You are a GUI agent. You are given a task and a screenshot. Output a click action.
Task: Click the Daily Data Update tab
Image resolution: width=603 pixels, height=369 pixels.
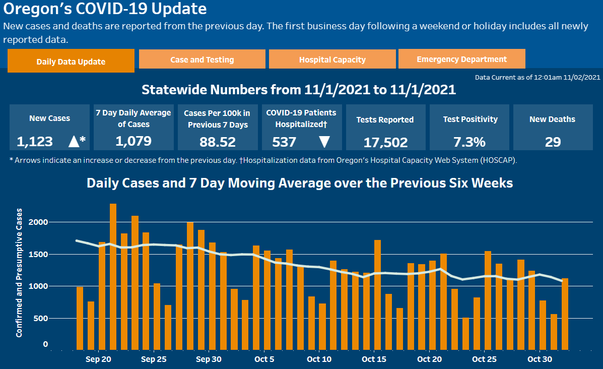pos(71,61)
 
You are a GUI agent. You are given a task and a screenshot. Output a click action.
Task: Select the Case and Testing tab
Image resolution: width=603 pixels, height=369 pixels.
pos(202,59)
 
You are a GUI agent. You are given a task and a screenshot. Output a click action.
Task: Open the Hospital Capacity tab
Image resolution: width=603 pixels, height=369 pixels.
pos(332,59)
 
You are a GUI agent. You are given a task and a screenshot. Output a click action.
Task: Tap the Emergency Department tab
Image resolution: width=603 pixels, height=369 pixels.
pos(461,59)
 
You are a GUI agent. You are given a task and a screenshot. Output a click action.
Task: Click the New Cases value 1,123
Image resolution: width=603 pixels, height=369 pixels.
pos(35,142)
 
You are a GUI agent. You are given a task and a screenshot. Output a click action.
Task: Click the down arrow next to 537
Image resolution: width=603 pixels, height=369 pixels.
pos(324,142)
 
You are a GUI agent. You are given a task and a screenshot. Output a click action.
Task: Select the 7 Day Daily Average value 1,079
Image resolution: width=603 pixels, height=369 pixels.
pos(133,141)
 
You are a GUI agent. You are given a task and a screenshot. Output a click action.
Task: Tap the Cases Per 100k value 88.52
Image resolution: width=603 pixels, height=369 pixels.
pos(218,142)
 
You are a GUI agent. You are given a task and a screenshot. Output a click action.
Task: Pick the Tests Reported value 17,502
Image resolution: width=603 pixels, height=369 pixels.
pos(385,143)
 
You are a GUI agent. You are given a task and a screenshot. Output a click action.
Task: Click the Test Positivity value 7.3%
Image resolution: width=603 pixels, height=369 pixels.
pos(470,142)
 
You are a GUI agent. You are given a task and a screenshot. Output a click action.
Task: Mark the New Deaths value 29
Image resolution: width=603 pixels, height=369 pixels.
pos(553,142)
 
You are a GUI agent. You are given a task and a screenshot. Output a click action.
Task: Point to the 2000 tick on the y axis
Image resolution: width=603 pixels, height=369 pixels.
pos(41,222)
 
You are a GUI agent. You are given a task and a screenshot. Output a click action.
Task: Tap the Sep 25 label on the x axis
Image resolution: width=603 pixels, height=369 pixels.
pos(154,359)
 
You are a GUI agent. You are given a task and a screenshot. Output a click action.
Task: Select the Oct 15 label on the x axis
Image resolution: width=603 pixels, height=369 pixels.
pos(374,359)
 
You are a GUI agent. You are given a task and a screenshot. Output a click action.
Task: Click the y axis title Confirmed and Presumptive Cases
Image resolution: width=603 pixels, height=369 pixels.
pos(19,272)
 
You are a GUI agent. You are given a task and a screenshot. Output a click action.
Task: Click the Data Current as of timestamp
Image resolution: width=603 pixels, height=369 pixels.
pos(538,77)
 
